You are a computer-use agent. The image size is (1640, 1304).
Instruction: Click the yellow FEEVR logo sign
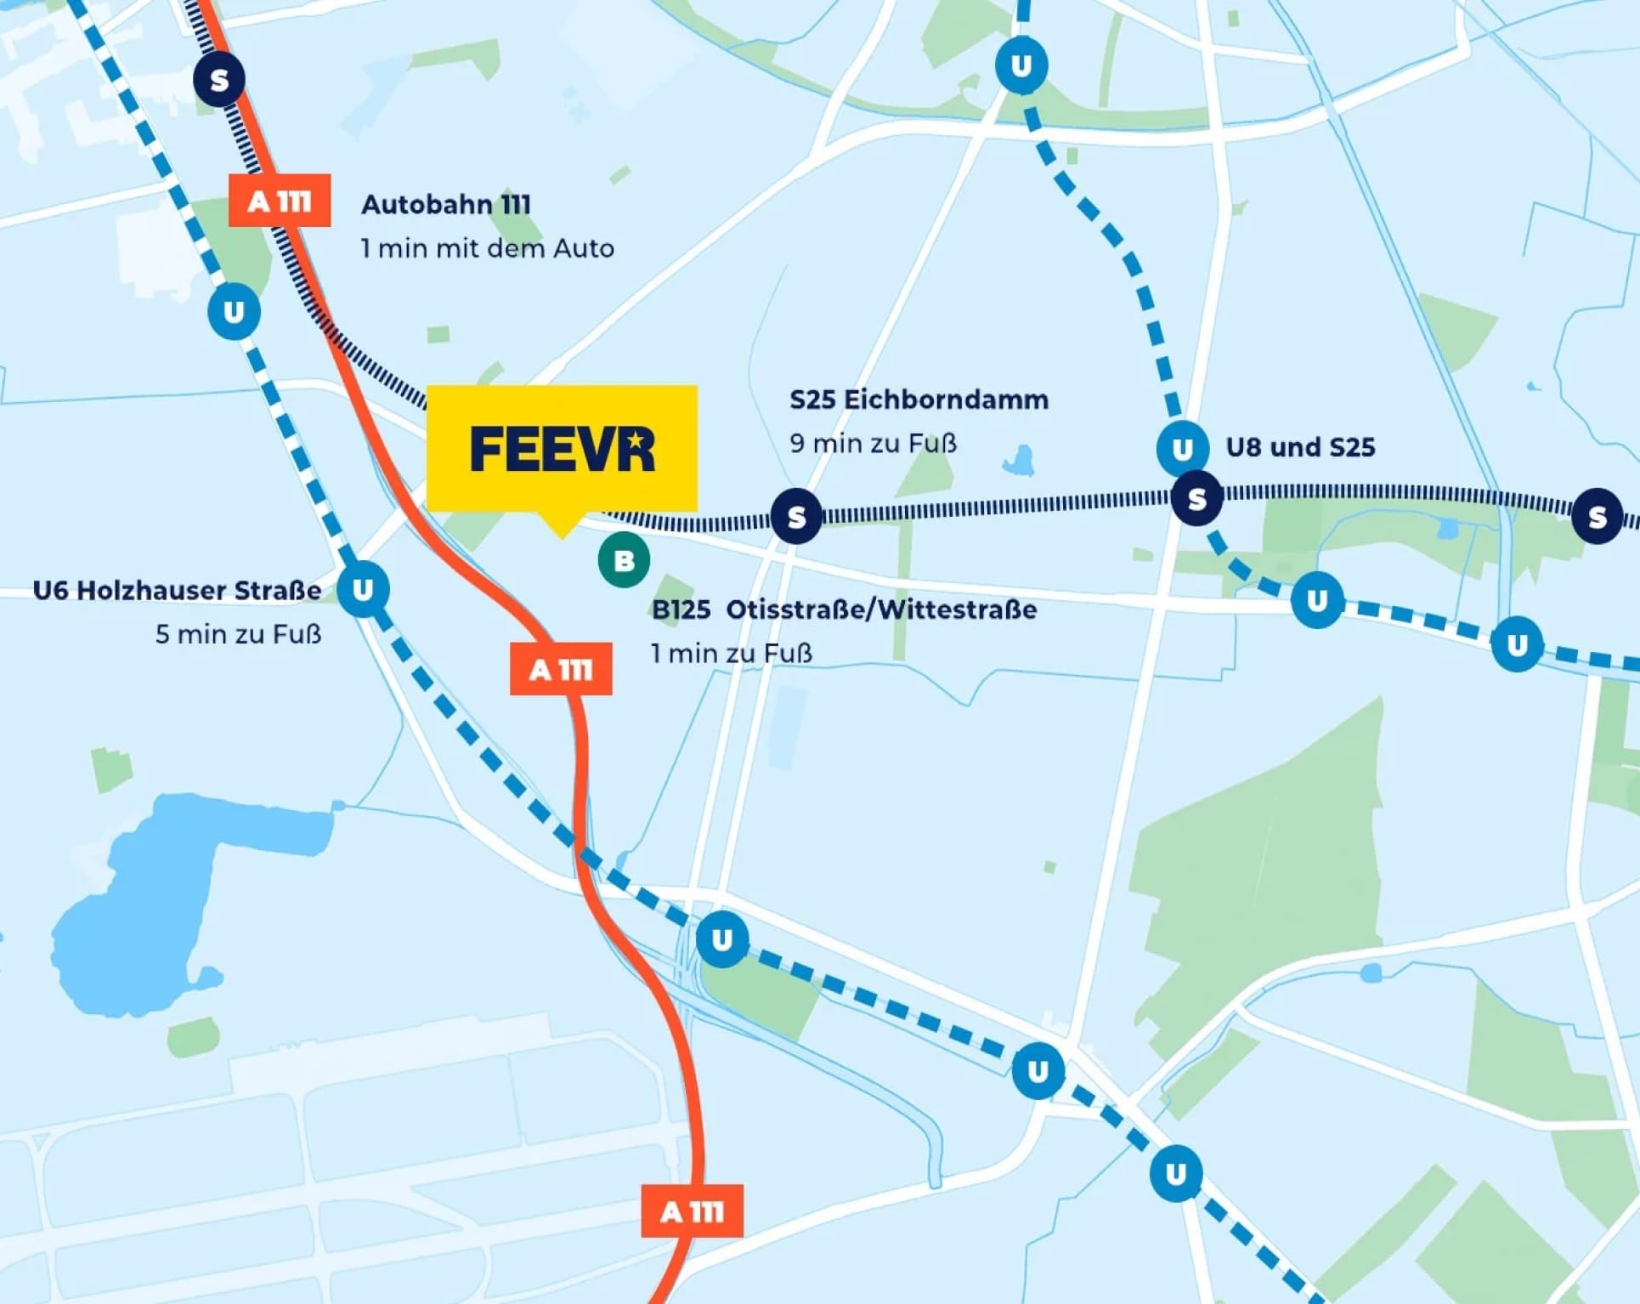[x=562, y=448]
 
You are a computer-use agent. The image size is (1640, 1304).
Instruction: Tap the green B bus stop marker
[x=624, y=560]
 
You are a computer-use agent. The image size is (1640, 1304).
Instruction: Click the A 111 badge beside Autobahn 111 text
[x=280, y=201]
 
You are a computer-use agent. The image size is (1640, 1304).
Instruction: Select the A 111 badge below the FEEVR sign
[x=561, y=670]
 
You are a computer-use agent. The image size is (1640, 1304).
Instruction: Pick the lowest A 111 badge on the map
[x=692, y=1211]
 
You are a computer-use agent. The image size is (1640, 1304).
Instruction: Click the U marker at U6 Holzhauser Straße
[x=363, y=589]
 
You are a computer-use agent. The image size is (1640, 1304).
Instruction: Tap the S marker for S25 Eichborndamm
[x=796, y=516]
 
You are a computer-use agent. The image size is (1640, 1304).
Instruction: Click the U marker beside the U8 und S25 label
[x=1182, y=448]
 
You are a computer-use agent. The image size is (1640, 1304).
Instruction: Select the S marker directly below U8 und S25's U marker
[x=1196, y=499]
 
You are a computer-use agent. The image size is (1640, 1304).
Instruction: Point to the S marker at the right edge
[x=1597, y=516]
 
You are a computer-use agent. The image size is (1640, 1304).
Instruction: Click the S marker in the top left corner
[x=219, y=80]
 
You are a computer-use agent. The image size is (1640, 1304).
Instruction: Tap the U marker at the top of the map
[x=1021, y=65]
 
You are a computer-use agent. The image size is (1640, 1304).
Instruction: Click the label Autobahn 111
[x=446, y=205]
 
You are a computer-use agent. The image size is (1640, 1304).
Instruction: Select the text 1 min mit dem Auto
[x=487, y=248]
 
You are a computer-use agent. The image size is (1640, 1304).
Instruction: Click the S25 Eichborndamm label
[x=919, y=400]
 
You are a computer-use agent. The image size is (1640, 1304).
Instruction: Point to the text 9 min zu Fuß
[x=873, y=443]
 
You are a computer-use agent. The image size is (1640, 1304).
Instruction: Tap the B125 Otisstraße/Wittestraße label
[x=844, y=609]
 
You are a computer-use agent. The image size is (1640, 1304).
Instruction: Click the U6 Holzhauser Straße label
[x=177, y=590]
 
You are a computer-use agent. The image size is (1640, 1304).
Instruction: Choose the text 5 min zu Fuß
[x=238, y=634]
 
